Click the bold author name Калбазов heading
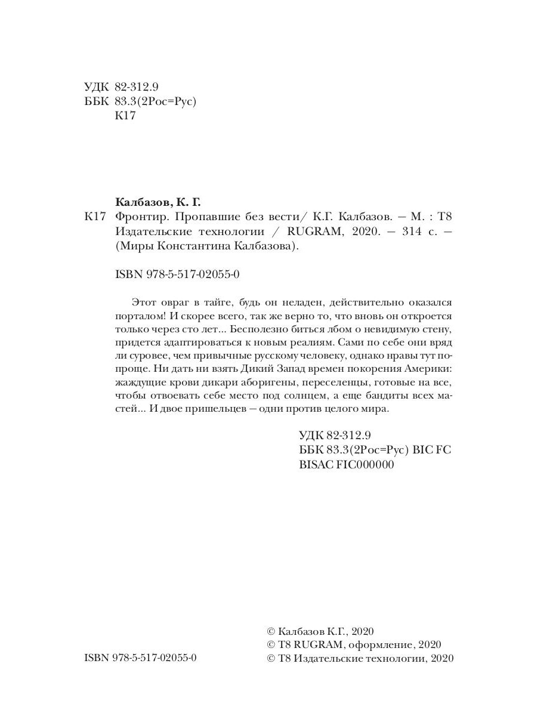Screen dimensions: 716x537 pyautogui.click(x=141, y=201)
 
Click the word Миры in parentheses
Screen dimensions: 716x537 pyautogui.click(x=131, y=248)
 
